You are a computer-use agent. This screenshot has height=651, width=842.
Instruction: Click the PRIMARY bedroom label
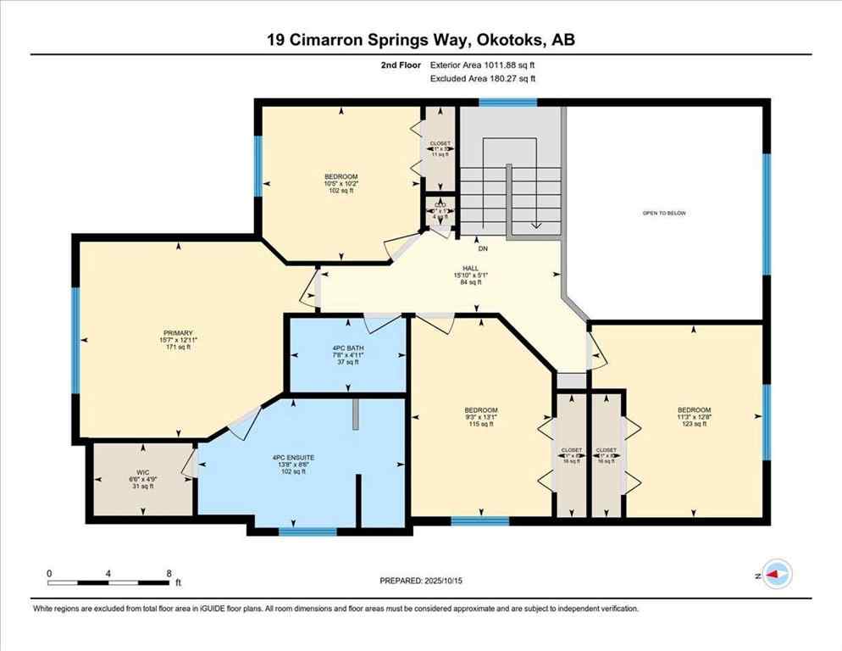(x=180, y=333)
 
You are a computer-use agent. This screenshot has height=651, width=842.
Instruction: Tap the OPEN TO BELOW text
(x=664, y=213)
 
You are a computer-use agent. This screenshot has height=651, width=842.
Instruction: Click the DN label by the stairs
(x=483, y=249)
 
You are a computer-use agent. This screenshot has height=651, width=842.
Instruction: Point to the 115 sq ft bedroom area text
(x=480, y=424)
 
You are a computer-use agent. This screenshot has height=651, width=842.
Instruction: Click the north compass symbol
(x=776, y=574)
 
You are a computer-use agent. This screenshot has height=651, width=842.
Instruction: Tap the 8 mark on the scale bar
(x=169, y=573)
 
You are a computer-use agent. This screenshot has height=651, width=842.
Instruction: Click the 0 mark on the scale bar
(x=50, y=573)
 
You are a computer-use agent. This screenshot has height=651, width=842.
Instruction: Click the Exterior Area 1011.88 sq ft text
(x=483, y=64)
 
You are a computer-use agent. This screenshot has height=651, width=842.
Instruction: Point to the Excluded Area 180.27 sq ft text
(x=483, y=79)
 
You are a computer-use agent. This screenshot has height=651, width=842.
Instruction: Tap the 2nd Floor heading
(x=404, y=64)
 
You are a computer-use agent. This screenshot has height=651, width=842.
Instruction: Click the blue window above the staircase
(x=507, y=103)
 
